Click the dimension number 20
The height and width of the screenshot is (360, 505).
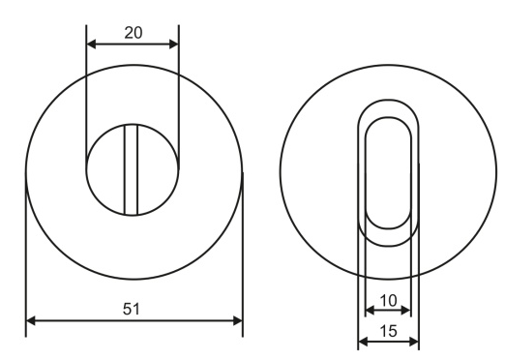click(x=134, y=33)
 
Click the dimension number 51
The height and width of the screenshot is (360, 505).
click(x=132, y=309)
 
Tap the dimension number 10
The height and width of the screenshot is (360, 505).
click(x=388, y=301)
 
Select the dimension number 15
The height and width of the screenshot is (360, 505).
click(x=388, y=331)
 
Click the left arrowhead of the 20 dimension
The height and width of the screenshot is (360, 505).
click(x=91, y=45)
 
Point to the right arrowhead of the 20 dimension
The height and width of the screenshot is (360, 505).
click(x=174, y=45)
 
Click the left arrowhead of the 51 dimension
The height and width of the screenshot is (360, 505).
click(x=31, y=321)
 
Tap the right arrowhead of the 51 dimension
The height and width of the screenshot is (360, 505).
click(x=238, y=321)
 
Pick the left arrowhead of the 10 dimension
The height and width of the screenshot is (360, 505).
click(x=370, y=311)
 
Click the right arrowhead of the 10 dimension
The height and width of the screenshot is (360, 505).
click(x=406, y=311)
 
